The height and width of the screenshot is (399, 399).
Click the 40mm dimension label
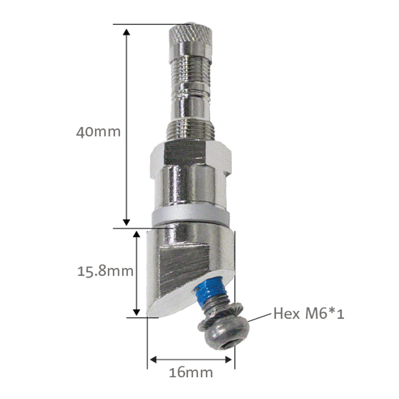point(98,132)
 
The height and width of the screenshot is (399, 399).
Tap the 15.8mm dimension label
point(105,271)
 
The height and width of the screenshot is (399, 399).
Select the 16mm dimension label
point(191,372)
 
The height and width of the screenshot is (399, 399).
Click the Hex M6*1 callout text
point(309,314)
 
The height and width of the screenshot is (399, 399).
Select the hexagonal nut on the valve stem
point(190,158)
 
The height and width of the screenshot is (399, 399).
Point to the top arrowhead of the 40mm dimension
point(126,32)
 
